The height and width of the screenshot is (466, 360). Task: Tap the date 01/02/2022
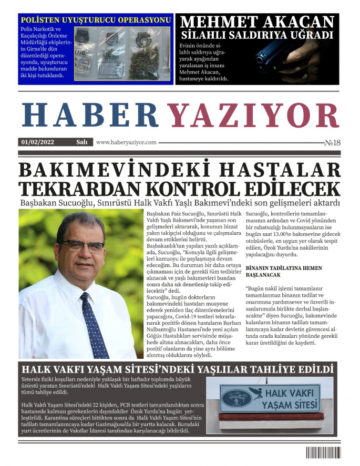[x=38, y=142]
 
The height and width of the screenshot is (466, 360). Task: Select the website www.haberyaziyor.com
[x=126, y=142]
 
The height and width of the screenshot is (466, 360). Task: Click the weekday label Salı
[x=81, y=142]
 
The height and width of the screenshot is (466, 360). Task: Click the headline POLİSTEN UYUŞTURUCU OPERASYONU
[x=95, y=20]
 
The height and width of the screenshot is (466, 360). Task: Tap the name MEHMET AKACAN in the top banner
[x=257, y=22]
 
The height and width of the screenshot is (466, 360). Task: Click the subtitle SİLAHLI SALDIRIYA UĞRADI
[x=257, y=36]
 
